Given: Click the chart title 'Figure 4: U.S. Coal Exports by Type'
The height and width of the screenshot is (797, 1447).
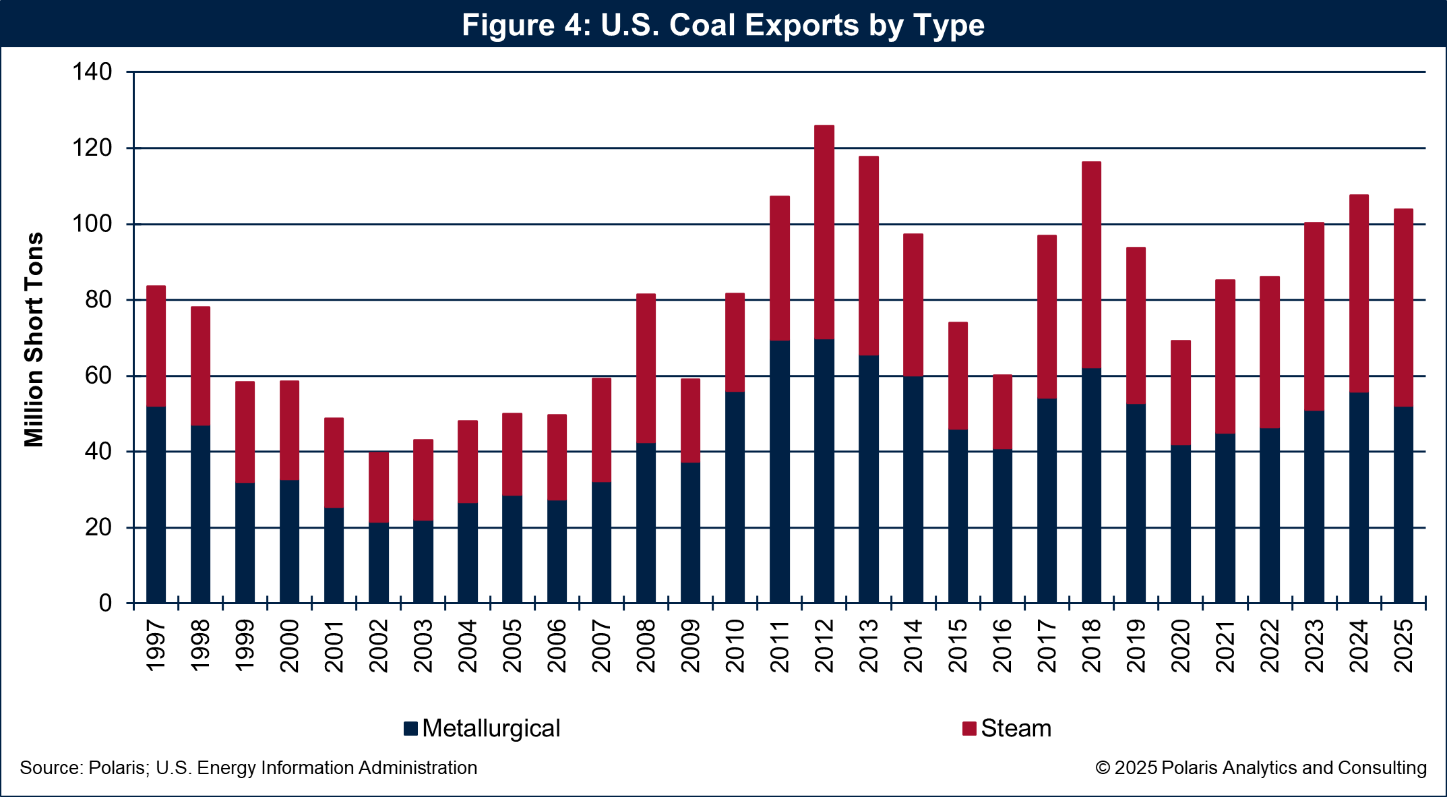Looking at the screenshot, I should pos(723,25).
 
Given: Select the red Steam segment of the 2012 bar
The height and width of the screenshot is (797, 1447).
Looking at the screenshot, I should pos(824,232).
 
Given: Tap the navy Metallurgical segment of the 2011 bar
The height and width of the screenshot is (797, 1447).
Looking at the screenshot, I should pos(779,472).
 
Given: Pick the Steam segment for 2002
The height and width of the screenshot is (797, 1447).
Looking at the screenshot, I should pos(379,487).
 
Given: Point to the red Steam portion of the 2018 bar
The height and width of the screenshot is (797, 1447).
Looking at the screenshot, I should pos(1091,265).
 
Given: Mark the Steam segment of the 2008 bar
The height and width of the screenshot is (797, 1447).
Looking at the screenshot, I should pos(646,368).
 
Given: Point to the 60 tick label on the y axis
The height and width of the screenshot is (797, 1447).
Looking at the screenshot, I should pos(98,376).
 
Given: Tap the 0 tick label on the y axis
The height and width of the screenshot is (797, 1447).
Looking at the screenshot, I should pos(105,603).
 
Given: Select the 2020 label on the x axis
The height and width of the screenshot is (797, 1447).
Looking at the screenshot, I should pos(1181,645).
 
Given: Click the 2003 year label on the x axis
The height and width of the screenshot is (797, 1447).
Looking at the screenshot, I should pos(423,645).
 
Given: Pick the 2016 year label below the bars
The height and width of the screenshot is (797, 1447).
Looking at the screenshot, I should pos(1002,645).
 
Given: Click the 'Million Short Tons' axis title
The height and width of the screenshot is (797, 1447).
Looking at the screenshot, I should pos(34,339).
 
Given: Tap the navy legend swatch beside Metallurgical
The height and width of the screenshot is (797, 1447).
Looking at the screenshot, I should pos(410,728).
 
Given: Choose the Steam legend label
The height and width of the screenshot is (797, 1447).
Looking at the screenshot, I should pos(1016,728).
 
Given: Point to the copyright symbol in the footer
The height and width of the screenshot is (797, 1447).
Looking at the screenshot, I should pos(1103,768).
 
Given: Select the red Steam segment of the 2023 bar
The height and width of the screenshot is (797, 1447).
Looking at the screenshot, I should pos(1314,316).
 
